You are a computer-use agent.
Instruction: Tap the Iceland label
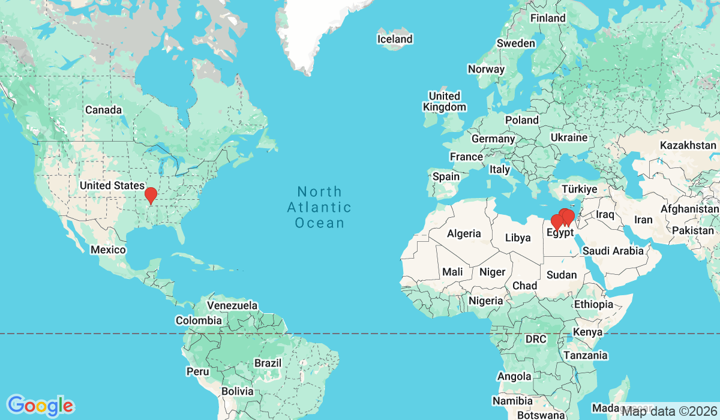pyautogui.click(x=394, y=39)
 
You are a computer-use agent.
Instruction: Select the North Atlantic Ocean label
pyautogui.click(x=319, y=208)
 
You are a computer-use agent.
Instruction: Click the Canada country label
pyautogui.click(x=103, y=110)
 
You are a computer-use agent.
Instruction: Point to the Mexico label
pyautogui.click(x=108, y=250)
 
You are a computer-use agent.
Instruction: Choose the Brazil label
pyautogui.click(x=268, y=363)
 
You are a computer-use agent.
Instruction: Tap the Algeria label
pyautogui.click(x=464, y=233)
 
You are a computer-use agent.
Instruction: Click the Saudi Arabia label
pyautogui.click(x=613, y=251)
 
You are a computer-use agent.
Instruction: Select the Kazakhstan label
pyautogui.click(x=688, y=145)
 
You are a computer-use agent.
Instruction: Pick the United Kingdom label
pyautogui.click(x=444, y=101)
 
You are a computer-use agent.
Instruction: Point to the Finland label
pyautogui.click(x=547, y=18)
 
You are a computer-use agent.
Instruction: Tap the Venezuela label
pyautogui.click(x=232, y=305)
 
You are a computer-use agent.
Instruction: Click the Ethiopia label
pyautogui.click(x=593, y=304)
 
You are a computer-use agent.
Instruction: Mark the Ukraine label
pyautogui.click(x=569, y=137)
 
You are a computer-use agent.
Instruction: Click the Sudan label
pyautogui.click(x=562, y=275)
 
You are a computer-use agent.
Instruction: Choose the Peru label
pyautogui.click(x=197, y=371)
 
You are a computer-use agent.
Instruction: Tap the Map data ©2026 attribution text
pyautogui.click(x=668, y=411)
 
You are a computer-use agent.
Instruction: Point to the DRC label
pyautogui.click(x=536, y=339)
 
